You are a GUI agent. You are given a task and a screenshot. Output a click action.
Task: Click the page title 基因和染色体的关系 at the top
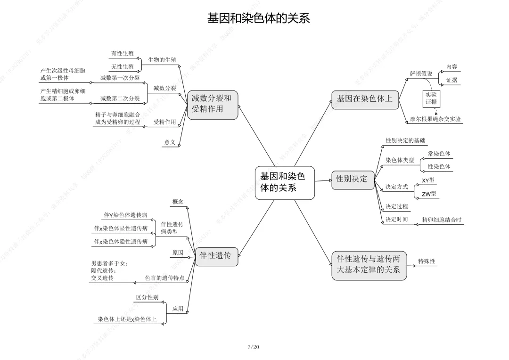259,18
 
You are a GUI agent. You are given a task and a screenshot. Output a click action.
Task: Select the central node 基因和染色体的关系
284,182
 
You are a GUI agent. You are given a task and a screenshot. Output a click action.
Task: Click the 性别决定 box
352,180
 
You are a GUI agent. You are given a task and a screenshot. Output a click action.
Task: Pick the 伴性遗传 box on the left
216,256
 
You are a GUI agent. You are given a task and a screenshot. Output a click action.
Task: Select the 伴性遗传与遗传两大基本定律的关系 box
369,264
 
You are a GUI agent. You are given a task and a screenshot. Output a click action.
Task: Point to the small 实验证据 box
431,98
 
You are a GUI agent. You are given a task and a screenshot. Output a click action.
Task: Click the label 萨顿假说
421,74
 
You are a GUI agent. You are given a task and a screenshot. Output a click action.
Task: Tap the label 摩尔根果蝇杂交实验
435,119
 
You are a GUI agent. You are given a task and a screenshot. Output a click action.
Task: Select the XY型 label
428,180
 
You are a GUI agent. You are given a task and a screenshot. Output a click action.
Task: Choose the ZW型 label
429,194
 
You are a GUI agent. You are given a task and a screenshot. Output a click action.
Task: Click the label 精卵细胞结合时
442,220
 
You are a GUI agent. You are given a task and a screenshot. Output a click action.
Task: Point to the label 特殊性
427,261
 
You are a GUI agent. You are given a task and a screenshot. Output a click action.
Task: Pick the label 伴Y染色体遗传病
125,215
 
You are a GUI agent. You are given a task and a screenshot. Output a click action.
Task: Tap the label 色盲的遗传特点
164,278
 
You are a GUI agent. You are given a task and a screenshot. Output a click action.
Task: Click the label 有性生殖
123,54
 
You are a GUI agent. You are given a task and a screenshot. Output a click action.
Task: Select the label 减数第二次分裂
120,98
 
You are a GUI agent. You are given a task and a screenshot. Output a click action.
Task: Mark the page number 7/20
254,347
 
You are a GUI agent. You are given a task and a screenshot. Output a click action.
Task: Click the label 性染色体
439,167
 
